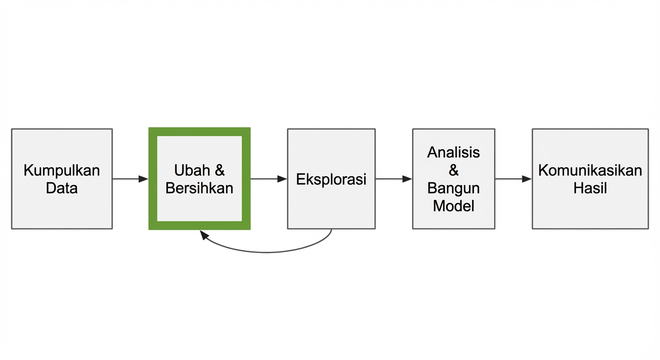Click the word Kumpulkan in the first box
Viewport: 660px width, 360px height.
(x=62, y=170)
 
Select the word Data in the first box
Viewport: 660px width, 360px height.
(x=62, y=188)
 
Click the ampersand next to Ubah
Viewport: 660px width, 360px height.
(x=219, y=170)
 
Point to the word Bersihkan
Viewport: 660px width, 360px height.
(x=199, y=188)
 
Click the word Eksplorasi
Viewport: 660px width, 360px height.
(x=331, y=179)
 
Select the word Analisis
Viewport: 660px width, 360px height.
(x=453, y=152)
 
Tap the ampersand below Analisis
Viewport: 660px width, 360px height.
(x=453, y=170)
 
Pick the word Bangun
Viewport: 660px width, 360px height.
(x=453, y=188)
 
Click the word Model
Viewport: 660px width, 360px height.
(x=453, y=206)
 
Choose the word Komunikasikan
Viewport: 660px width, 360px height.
(x=590, y=170)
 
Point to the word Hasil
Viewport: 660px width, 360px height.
(x=590, y=188)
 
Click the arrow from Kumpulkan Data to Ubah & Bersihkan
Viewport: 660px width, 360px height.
(x=130, y=179)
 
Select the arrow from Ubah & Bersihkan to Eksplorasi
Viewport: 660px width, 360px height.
(x=268, y=179)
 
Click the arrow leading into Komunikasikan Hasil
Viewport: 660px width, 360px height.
(x=513, y=179)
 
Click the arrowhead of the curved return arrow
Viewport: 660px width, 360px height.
(x=204, y=235)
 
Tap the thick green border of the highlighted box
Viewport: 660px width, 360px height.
(x=153, y=179)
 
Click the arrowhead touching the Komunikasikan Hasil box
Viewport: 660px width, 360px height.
(x=527, y=179)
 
